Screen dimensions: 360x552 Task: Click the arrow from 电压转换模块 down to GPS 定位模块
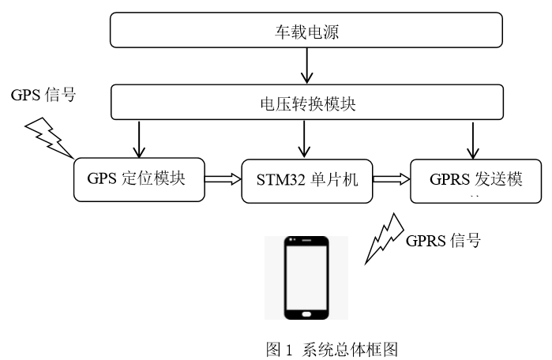tap(140, 139)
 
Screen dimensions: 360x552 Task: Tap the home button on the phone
tap(306, 314)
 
